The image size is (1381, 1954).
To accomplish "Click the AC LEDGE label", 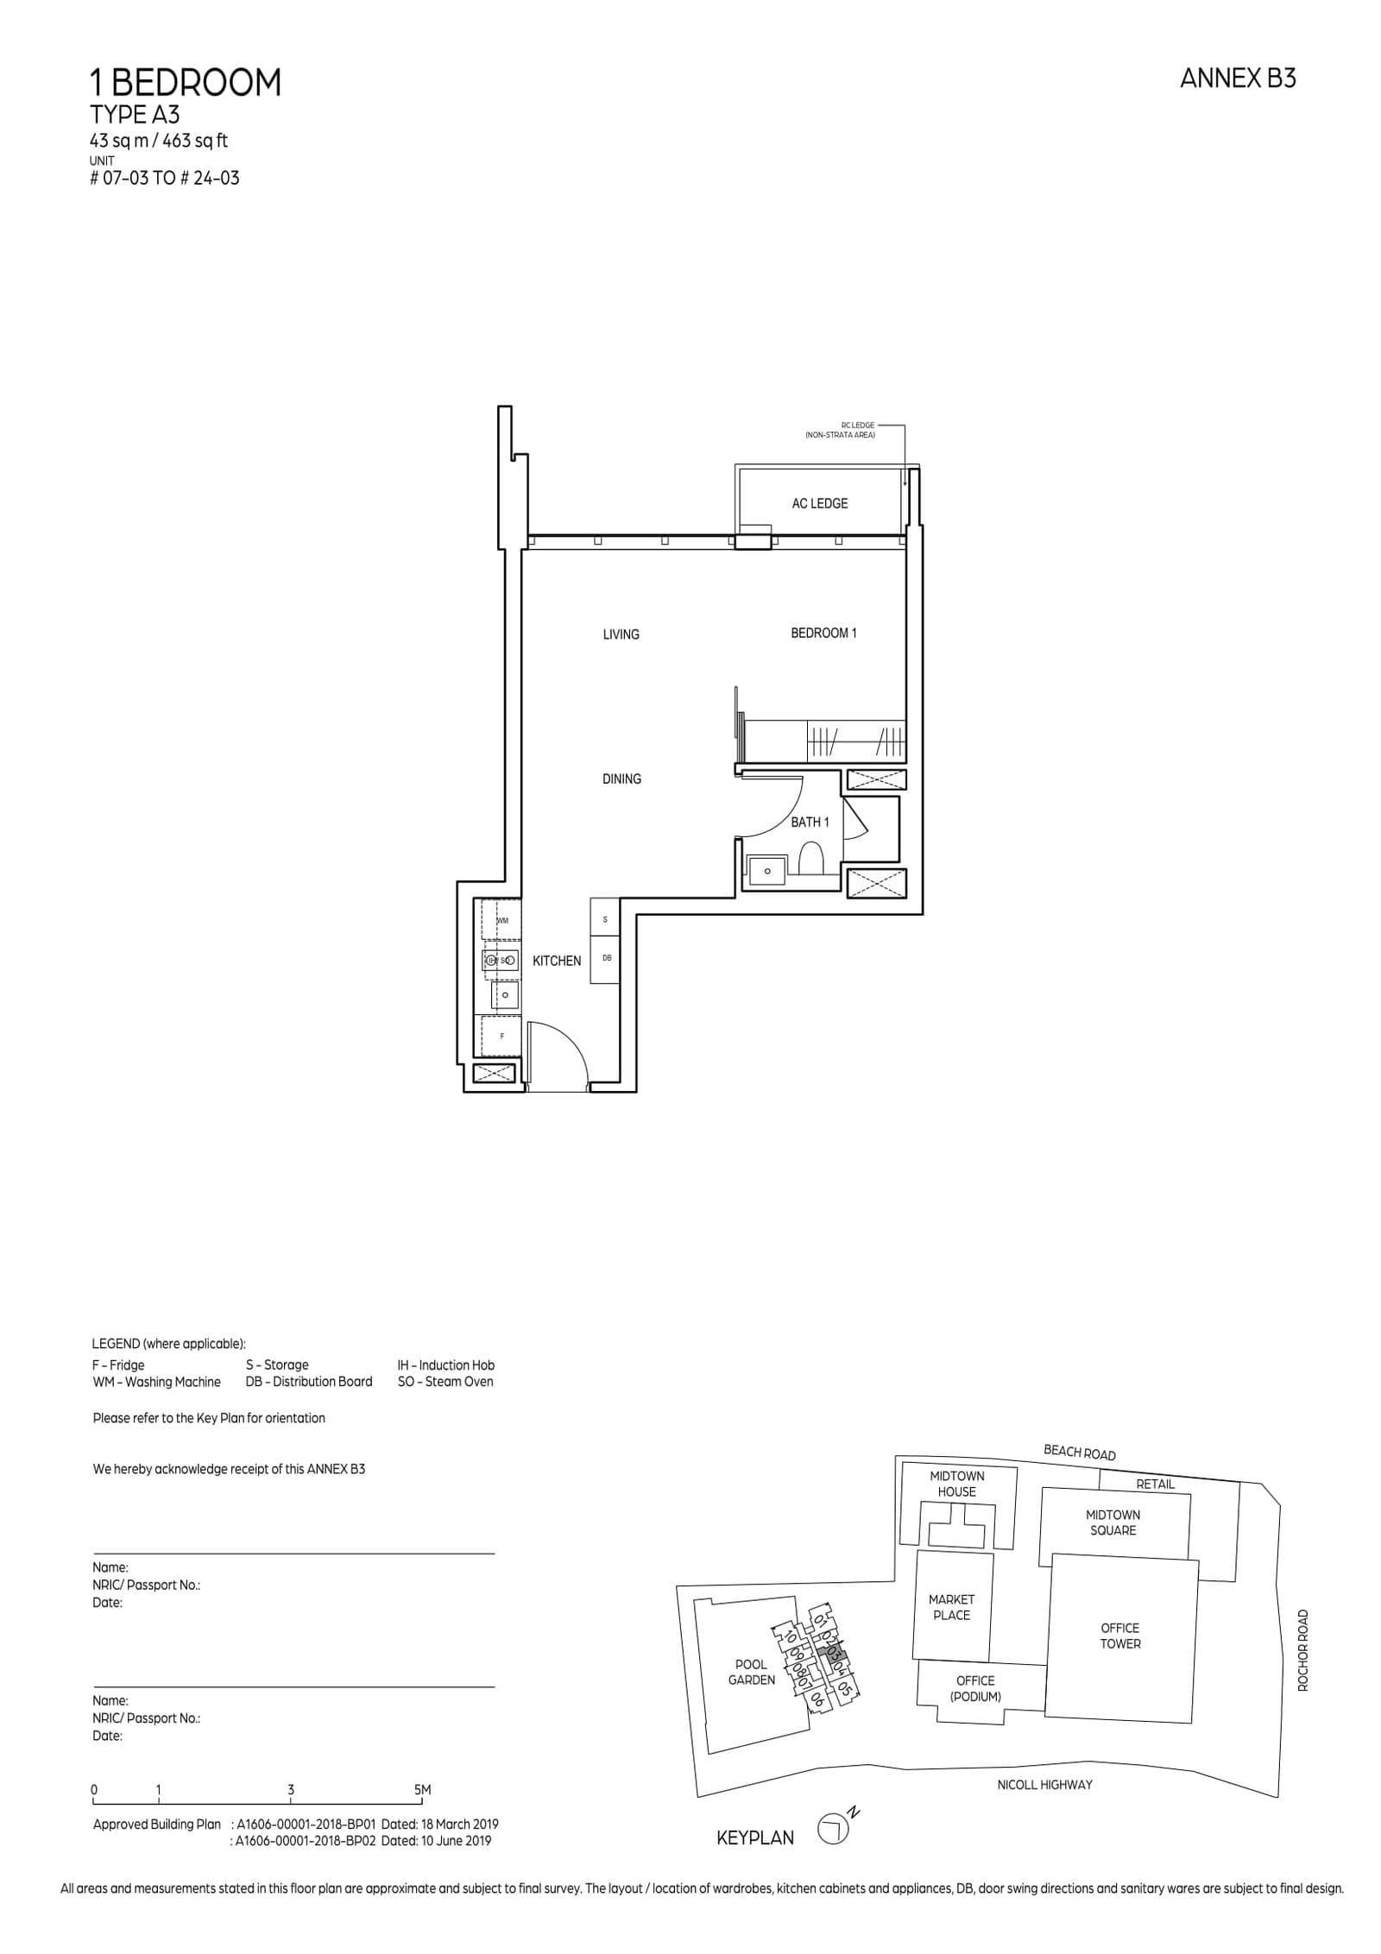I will point(819,503).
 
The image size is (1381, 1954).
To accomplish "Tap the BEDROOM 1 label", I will point(823,633).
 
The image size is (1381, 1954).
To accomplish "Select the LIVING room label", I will point(621,634).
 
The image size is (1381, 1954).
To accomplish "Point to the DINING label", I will point(621,778).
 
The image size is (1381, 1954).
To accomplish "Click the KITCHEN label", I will point(557,961).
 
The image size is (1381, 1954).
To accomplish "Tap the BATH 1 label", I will point(810,822).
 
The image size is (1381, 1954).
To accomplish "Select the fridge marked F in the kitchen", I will point(501,1036).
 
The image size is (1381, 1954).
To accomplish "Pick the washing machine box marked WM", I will point(501,921).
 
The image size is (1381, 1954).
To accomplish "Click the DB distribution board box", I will point(606,958).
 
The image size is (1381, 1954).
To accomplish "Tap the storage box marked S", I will point(605,919).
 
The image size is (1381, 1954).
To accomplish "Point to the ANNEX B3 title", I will point(1237,79).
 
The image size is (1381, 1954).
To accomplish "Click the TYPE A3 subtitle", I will point(135,115).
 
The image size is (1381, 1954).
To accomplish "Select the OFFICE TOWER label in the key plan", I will point(1119,1636).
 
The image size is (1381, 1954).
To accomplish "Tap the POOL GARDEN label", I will point(751,1672).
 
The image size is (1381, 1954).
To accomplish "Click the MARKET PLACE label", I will point(951,1607).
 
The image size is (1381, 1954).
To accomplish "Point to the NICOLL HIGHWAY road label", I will point(1044,1784).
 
